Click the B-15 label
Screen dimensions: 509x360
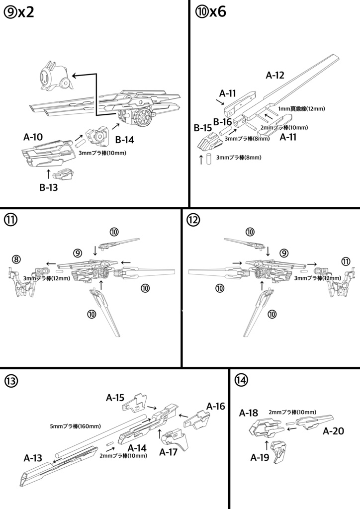coord(203,128)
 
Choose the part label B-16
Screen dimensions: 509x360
coord(222,122)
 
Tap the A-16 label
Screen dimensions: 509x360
coord(216,406)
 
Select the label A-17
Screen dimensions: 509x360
coord(169,452)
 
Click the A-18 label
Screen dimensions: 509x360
coord(249,413)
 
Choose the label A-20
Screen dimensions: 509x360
coord(333,431)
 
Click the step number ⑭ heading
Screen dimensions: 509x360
coord(241,380)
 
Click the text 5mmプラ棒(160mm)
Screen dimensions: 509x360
coord(76,426)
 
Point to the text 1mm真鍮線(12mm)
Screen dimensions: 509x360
coord(294,108)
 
